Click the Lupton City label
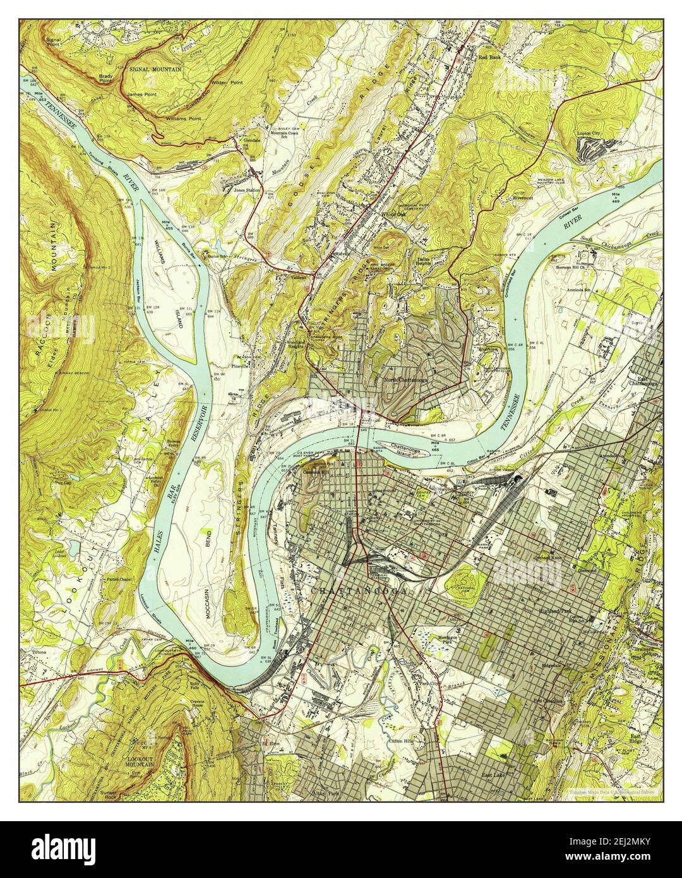591,133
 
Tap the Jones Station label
247,190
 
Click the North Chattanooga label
405,380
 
